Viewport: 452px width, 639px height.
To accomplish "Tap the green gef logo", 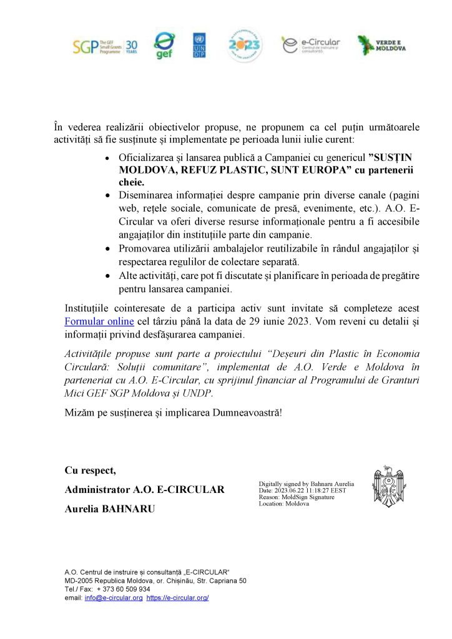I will pos(164,46).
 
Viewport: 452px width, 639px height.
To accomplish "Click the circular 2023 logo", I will pos(244,45).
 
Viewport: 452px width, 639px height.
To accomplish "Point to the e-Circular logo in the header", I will pos(310,45).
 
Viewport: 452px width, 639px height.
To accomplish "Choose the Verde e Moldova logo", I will pos(382,45).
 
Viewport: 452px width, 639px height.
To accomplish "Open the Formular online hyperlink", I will pos(99,322).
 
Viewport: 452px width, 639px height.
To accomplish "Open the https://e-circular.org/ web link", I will pos(177,597).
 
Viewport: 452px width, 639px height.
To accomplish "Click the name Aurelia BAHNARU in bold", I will pos(109,509).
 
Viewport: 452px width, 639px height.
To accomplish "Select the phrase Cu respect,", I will pos(90,470).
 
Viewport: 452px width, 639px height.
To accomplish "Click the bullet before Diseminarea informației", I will pos(109,195).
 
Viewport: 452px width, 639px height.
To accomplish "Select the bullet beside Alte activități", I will pos(109,275).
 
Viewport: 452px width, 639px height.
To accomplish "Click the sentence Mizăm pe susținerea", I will pos(173,412).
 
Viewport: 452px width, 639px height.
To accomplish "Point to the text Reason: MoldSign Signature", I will pos(297,497).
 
